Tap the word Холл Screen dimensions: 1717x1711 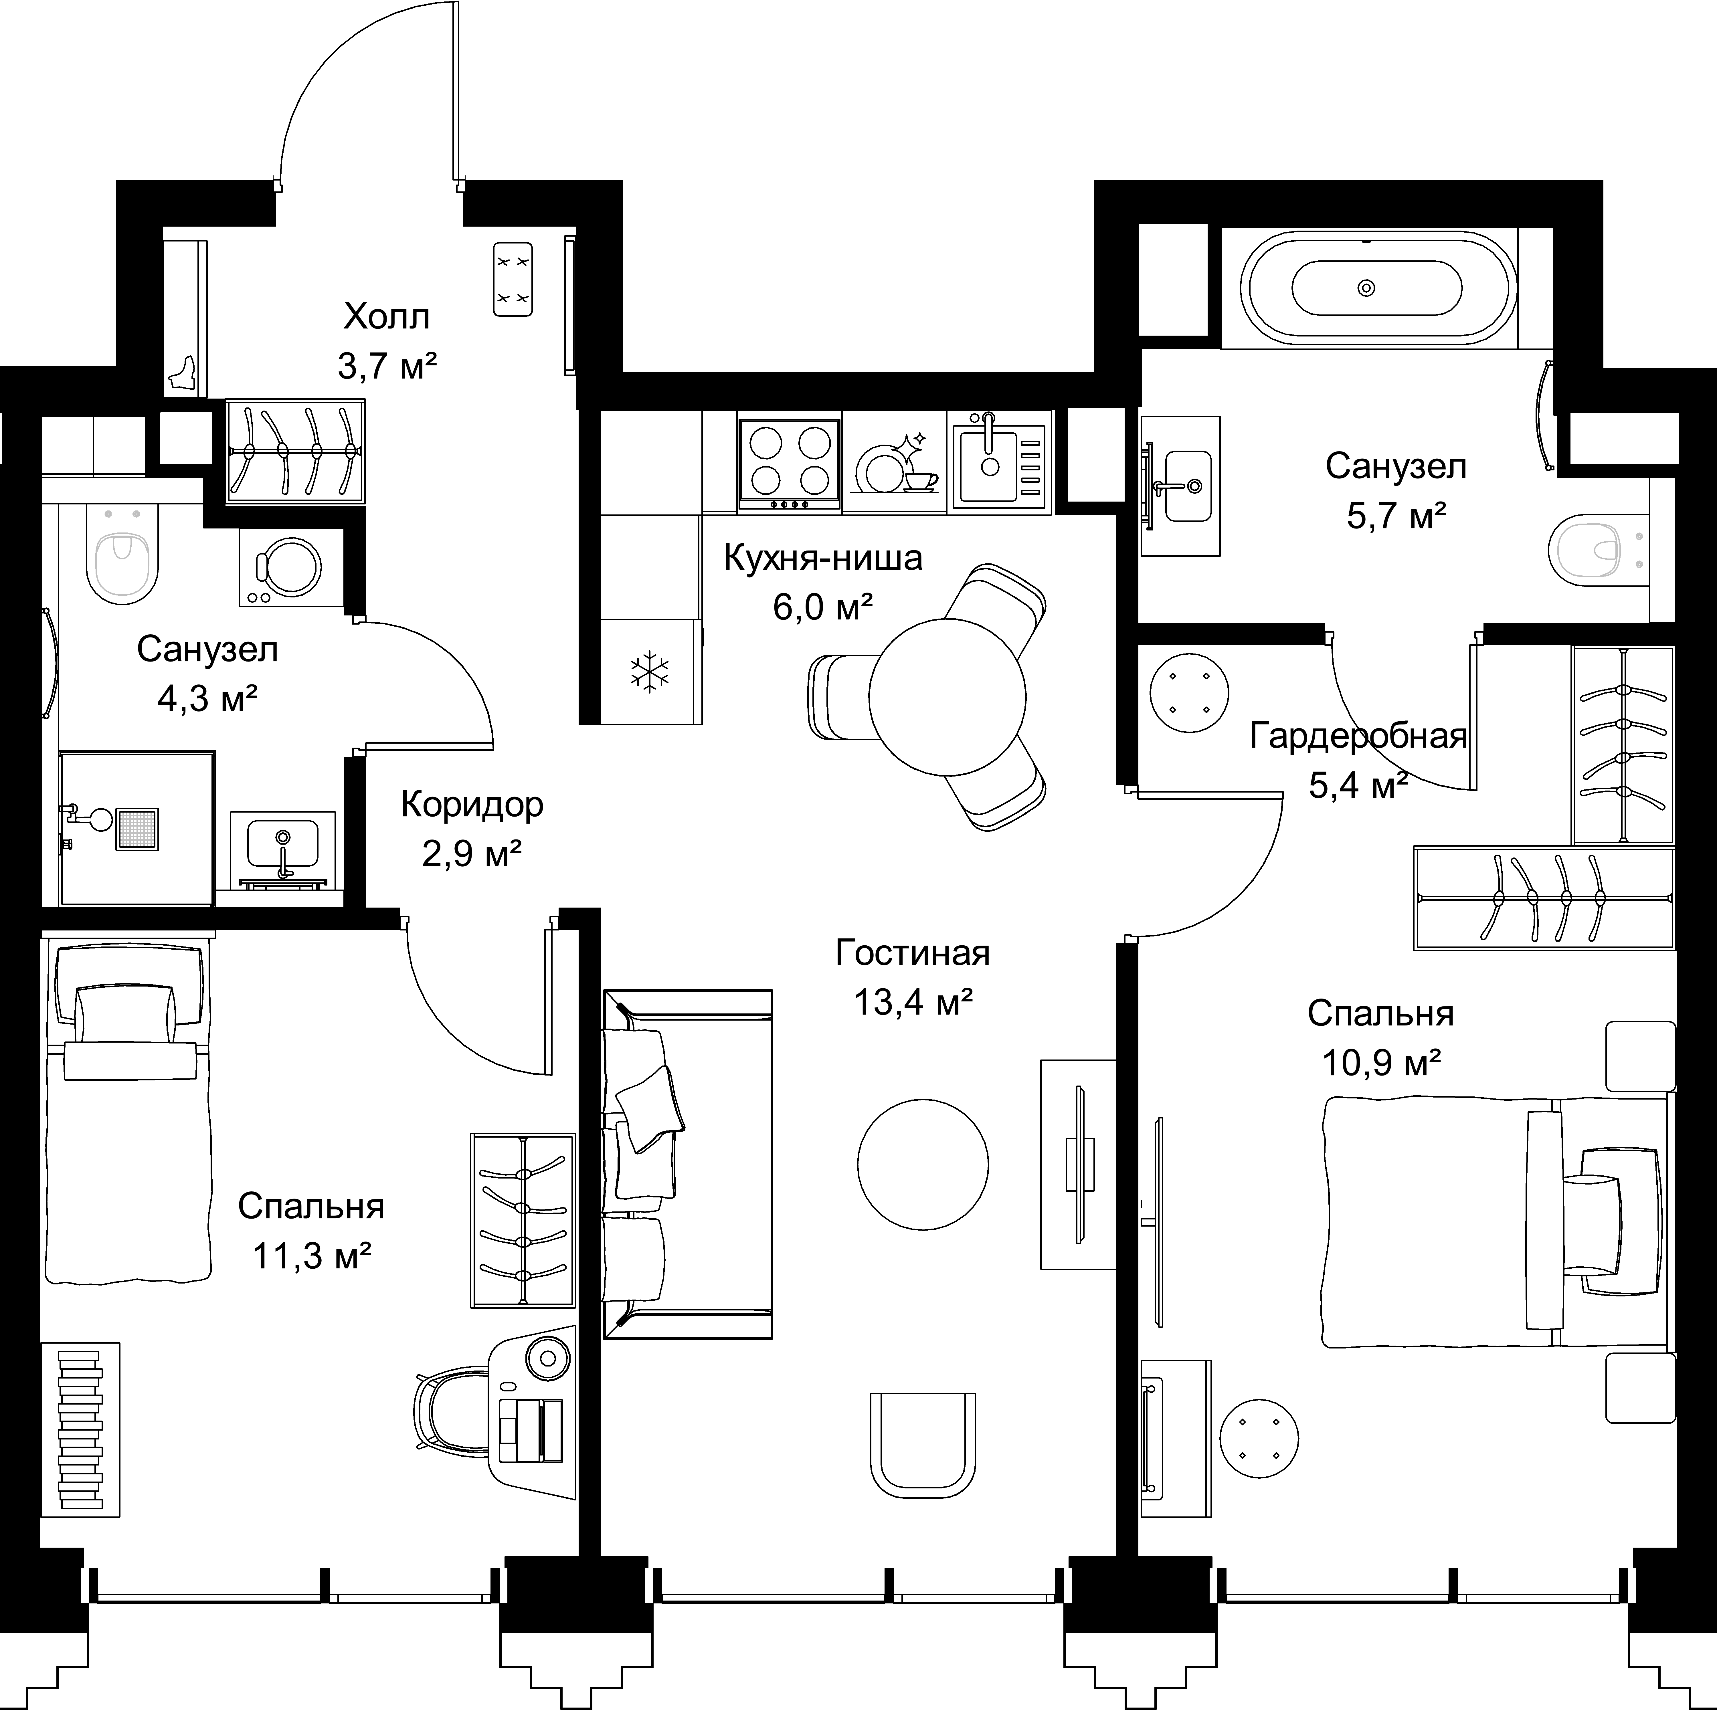(387, 316)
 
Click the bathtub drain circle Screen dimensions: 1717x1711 (1367, 288)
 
